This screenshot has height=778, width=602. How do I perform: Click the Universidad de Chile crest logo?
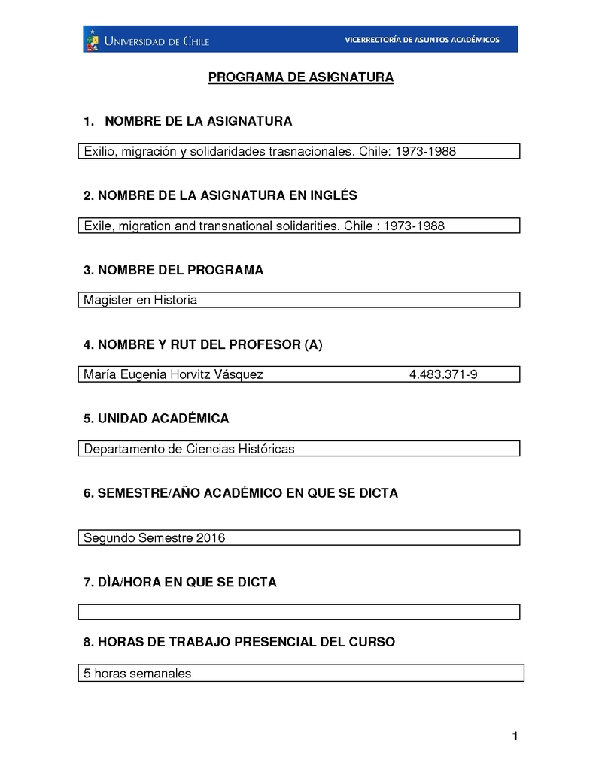coord(92,40)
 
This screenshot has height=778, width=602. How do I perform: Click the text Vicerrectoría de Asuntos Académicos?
coord(421,40)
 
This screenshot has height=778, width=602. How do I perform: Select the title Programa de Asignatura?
coord(301,77)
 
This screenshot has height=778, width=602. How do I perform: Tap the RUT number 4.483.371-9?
coord(443,374)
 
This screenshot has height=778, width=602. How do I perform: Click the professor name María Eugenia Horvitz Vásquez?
coord(173,374)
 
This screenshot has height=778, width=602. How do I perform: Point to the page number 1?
coord(515,736)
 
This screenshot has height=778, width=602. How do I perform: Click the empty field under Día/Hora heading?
coord(299,612)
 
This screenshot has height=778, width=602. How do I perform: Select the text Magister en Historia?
coord(141,300)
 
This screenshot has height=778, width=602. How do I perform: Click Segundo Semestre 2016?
coord(154,537)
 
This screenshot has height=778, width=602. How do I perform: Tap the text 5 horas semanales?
coord(138,673)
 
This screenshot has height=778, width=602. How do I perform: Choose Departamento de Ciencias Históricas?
coord(189,449)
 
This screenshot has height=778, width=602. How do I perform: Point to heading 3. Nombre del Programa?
coord(173,270)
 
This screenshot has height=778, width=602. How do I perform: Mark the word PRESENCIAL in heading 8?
coord(274,642)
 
